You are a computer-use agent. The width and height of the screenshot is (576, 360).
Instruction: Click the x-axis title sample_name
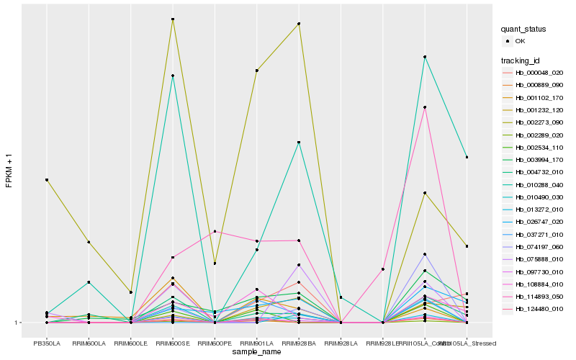(x=257, y=352)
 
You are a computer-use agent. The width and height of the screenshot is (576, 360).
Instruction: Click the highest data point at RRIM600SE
(x=173, y=19)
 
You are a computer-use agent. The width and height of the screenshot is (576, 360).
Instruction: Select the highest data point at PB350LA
(x=47, y=179)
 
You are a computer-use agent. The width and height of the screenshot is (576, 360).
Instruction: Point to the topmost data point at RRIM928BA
(x=298, y=24)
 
